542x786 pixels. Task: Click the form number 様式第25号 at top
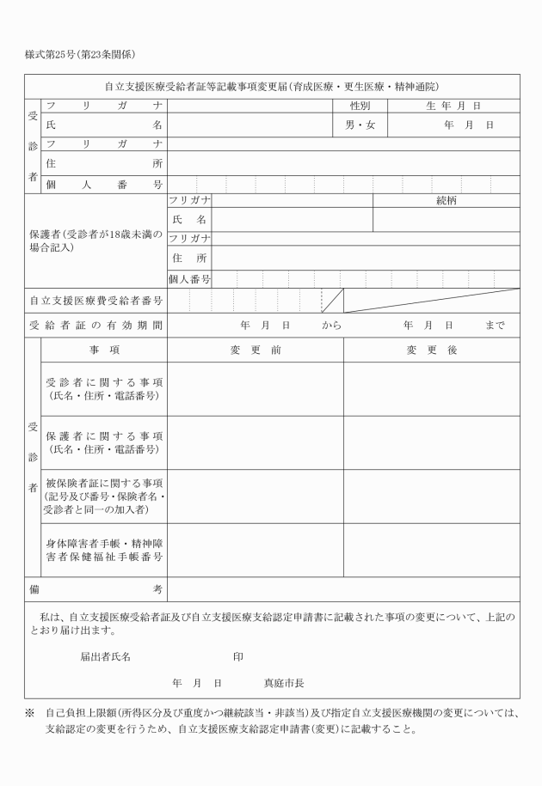pyautogui.click(x=51, y=55)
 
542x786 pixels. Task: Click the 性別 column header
pyautogui.click(x=360, y=106)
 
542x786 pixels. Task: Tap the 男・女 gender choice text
pyautogui.click(x=360, y=125)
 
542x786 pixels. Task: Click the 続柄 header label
pyautogui.click(x=446, y=200)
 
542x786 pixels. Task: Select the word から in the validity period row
pyautogui.click(x=332, y=326)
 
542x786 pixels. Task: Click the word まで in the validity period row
pyautogui.click(x=495, y=326)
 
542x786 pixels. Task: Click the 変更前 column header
pyautogui.click(x=256, y=350)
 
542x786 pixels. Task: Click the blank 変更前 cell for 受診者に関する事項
pyautogui.click(x=256, y=389)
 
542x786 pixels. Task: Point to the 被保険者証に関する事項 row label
pyautogui.click(x=104, y=497)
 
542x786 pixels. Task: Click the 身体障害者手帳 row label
pyautogui.click(x=104, y=550)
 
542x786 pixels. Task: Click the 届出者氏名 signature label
pyautogui.click(x=105, y=656)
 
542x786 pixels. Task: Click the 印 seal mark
pyautogui.click(x=237, y=656)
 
